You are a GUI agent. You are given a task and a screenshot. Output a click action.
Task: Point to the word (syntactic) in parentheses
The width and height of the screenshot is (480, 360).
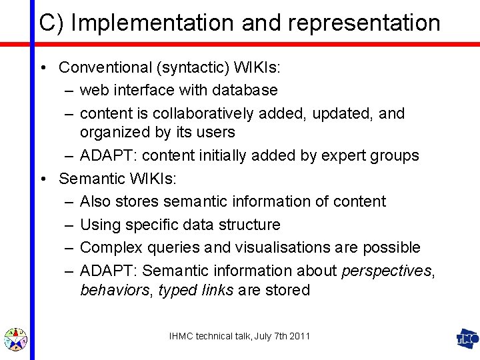193,67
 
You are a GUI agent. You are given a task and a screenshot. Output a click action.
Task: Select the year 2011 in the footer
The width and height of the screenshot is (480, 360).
299,337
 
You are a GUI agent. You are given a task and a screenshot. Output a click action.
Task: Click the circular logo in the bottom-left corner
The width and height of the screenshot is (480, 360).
15,339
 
